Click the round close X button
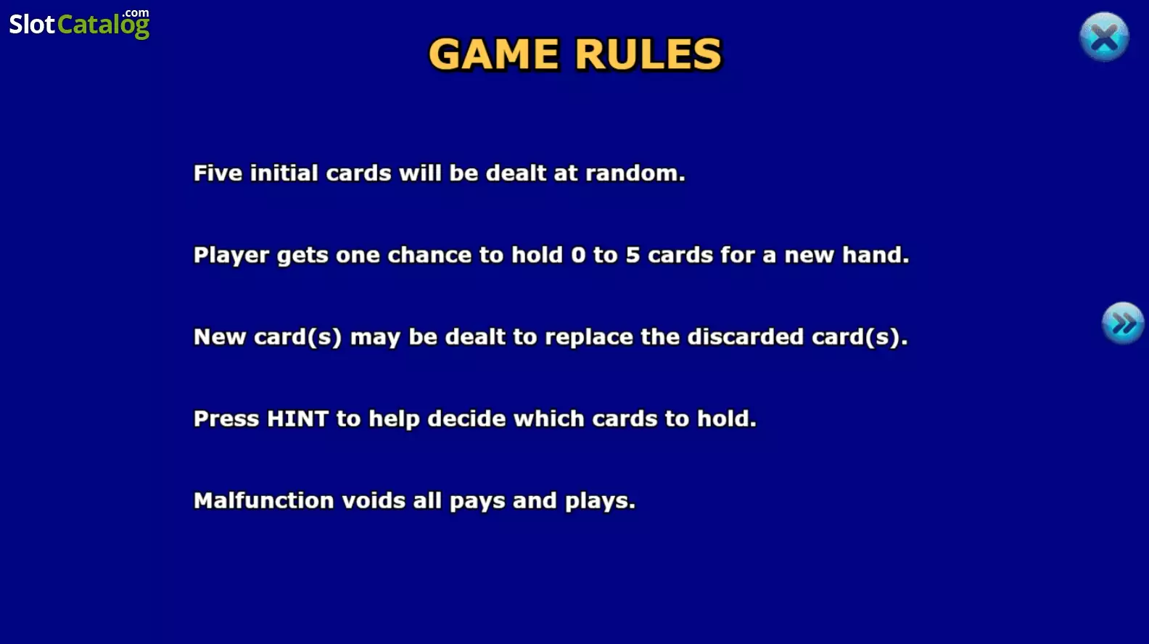(1104, 37)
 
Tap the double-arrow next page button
(1123, 323)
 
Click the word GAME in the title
(493, 54)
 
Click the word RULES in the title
(648, 54)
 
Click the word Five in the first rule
(218, 173)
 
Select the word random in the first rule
(635, 173)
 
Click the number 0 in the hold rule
(578, 255)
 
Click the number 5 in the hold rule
(633, 255)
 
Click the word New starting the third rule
(220, 337)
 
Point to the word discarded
(745, 337)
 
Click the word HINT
(297, 418)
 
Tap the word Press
(226, 418)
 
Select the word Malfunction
(263, 500)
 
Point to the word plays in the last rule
(600, 501)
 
